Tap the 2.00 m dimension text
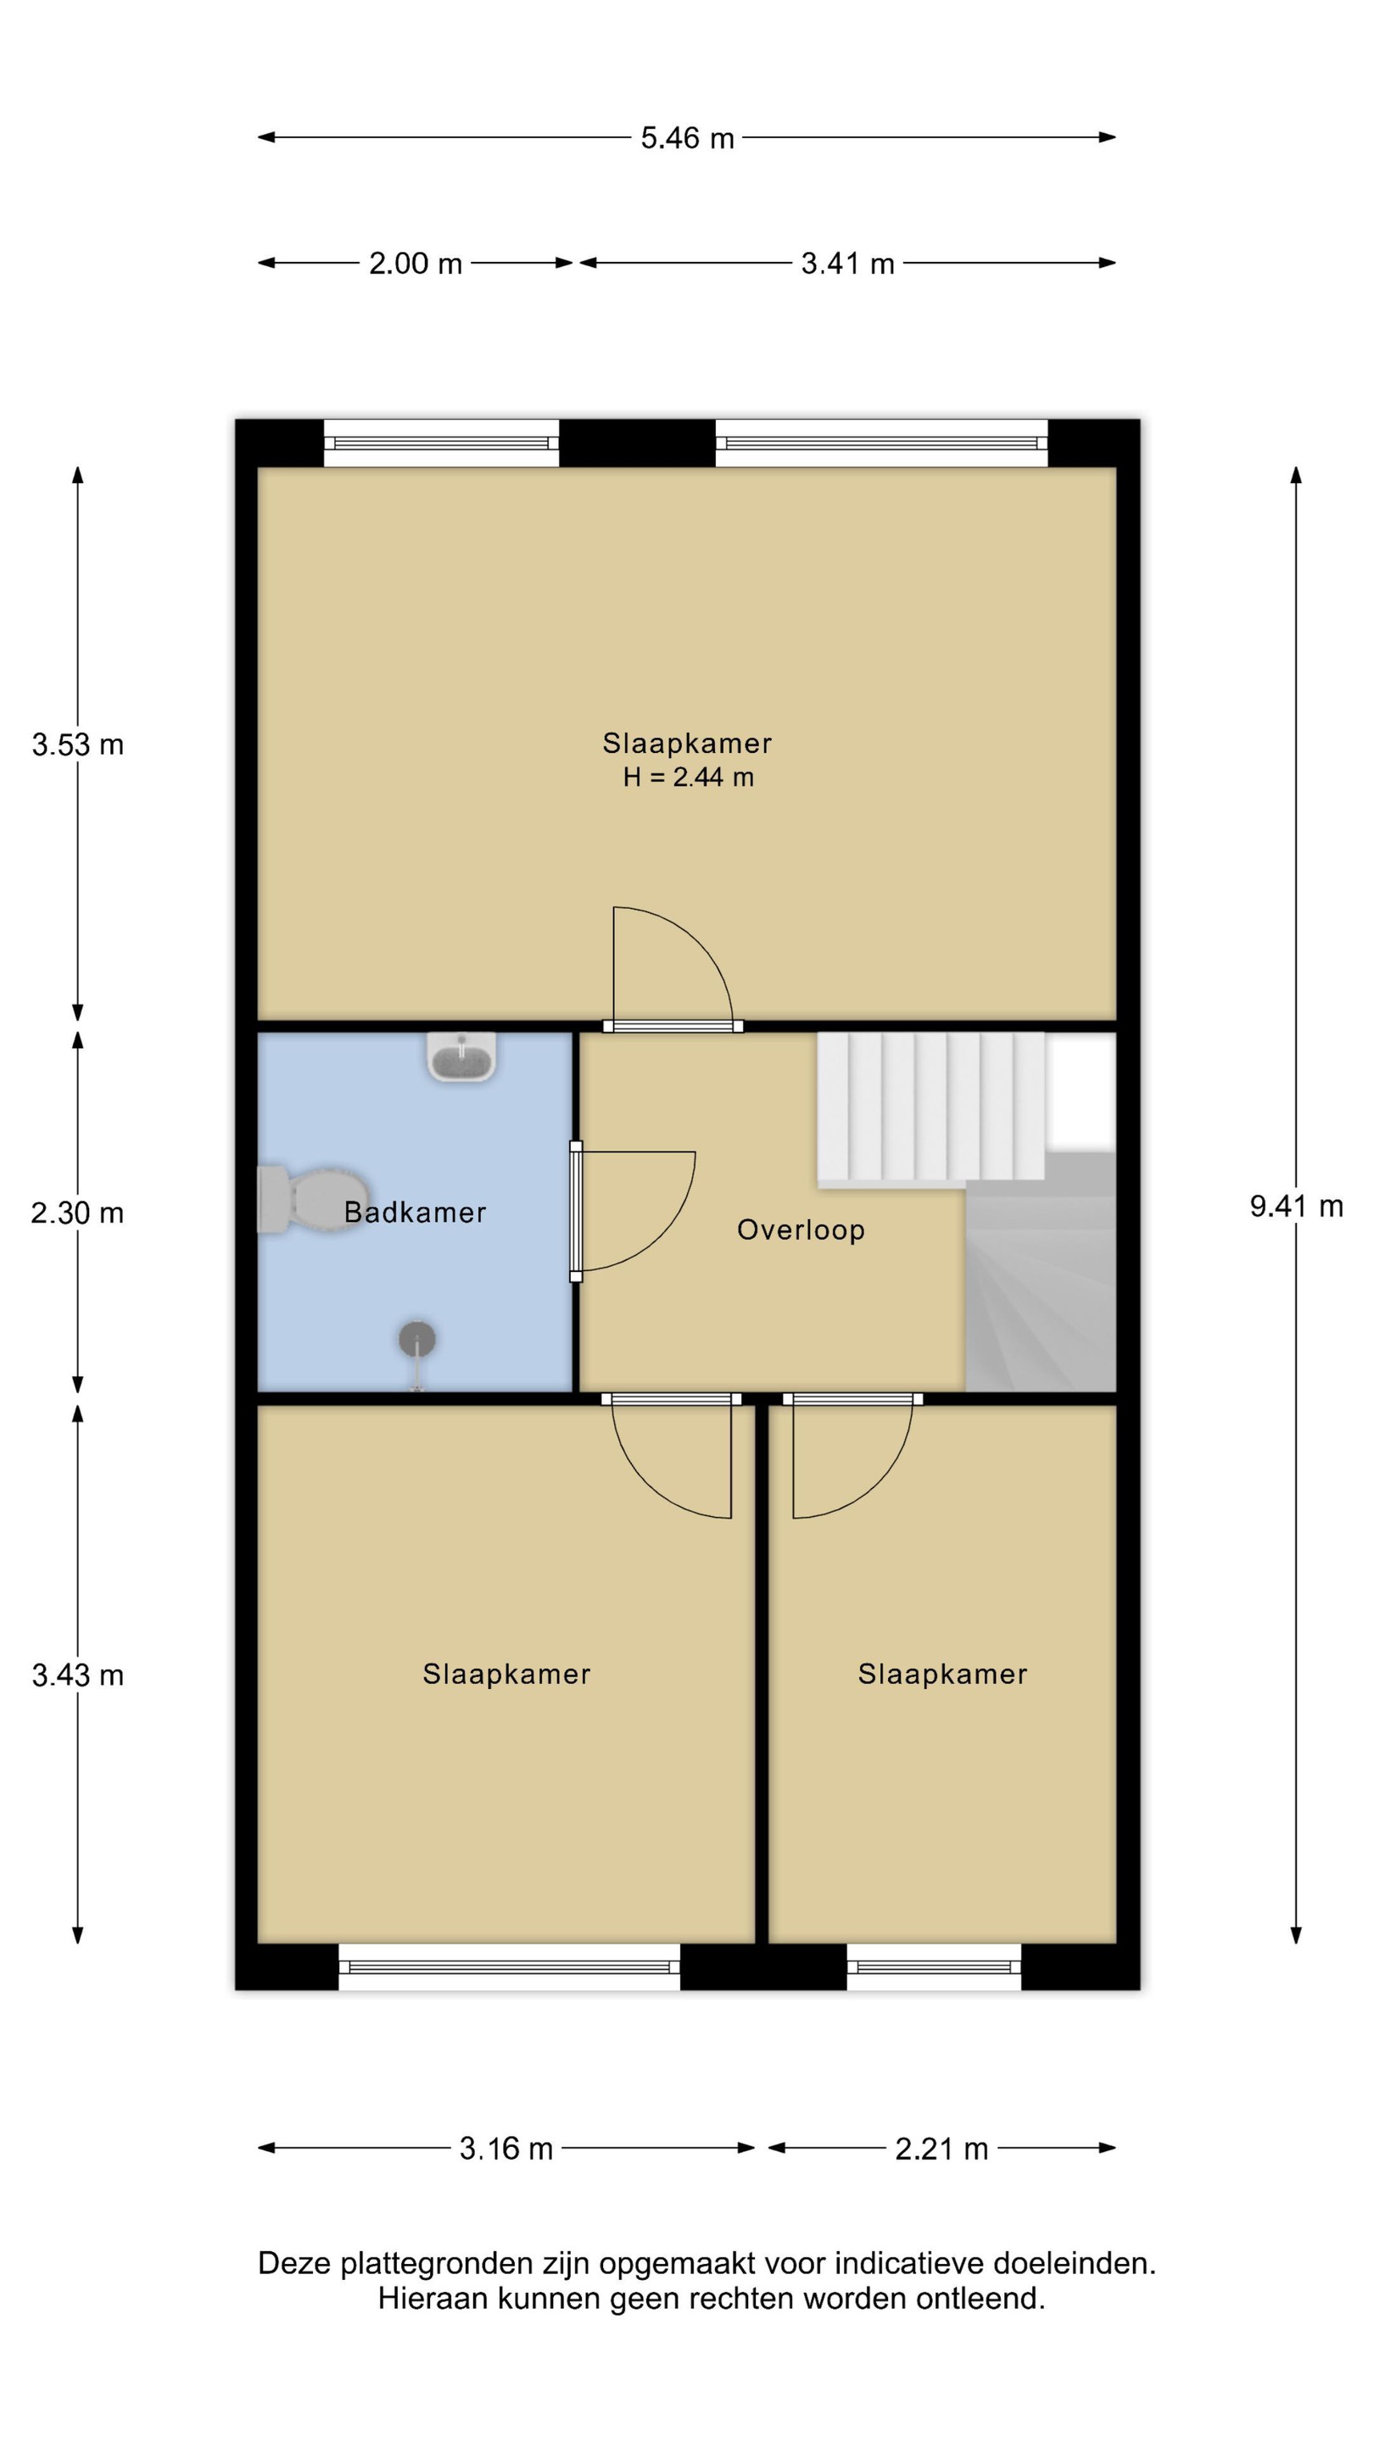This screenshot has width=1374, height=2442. (x=416, y=264)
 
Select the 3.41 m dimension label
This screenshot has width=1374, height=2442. (x=848, y=264)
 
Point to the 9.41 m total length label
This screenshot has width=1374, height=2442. (x=1295, y=1207)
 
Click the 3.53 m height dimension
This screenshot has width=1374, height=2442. (x=78, y=745)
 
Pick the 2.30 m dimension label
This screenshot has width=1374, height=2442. (x=78, y=1213)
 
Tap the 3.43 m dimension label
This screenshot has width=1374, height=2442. (x=78, y=1676)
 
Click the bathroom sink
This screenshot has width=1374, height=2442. (x=461, y=1057)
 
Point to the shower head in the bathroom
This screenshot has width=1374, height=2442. (x=416, y=1340)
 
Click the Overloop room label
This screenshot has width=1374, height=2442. (x=801, y=1230)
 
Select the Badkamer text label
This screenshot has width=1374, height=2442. (x=416, y=1213)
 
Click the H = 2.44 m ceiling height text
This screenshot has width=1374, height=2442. (x=689, y=778)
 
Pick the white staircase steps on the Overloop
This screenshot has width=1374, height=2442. (x=931, y=1107)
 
